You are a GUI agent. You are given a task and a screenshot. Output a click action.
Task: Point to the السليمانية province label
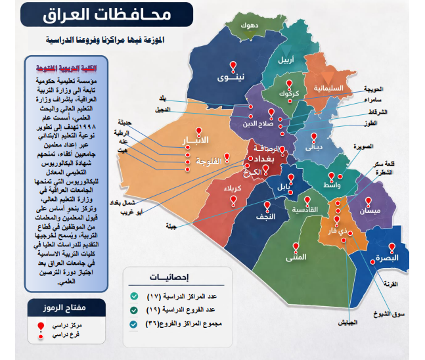[326, 87]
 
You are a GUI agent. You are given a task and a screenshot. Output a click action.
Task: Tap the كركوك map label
[288, 94]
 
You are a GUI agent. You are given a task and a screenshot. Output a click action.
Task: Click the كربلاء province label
[234, 189]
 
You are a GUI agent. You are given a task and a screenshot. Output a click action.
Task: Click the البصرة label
[391, 258]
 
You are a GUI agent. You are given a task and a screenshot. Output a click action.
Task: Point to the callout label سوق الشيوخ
[401, 313]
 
